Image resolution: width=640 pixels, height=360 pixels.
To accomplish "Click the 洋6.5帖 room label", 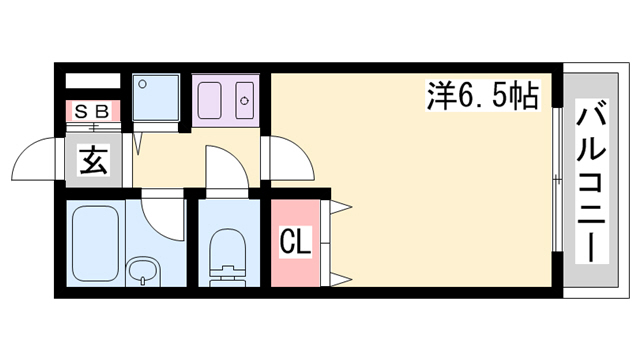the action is point(483,96).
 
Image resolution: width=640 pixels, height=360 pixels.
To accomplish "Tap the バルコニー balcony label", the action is point(592,181).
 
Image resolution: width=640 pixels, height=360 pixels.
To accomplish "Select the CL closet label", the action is point(296,242).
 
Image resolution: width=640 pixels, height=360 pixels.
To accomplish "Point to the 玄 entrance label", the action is point(94,160).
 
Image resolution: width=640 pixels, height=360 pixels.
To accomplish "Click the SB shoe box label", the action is point(93,111).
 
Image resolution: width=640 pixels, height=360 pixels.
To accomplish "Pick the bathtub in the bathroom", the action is point(96,243).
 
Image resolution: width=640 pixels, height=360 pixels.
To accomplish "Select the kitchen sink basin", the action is point(209,101).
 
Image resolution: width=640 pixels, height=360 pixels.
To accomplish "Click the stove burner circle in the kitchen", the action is point(245,101).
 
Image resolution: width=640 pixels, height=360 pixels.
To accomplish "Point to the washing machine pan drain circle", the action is point(142,84).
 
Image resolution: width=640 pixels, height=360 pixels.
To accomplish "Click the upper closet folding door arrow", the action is point(341,207).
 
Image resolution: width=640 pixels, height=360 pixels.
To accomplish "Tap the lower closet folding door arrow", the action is point(341,280).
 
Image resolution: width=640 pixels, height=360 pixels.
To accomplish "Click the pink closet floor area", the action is point(296,243).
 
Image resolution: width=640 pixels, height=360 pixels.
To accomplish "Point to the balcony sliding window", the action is point(557,180).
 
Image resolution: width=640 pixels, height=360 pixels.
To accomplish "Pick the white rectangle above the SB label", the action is point(93,81).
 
